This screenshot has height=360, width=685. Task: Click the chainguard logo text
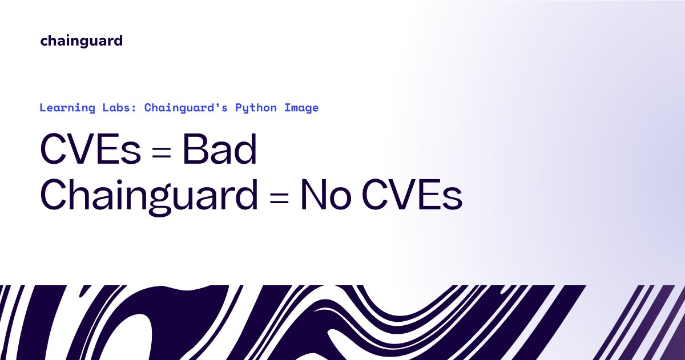coord(81,41)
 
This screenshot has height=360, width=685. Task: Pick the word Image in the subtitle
coord(301,108)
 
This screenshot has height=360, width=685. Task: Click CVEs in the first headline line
coord(90,151)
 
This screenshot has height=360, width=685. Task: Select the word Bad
coord(219,151)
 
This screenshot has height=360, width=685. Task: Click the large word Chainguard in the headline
coord(148,196)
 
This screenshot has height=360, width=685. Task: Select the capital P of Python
coord(239,107)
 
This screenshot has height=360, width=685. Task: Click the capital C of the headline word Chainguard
coord(53,196)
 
